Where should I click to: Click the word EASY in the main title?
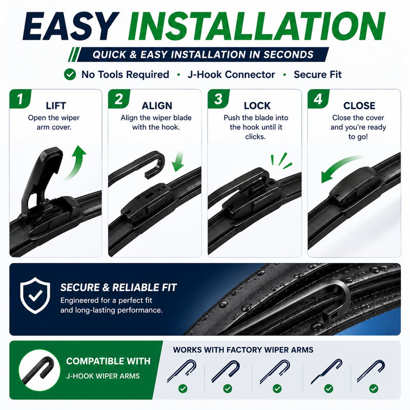pyautogui.click(x=71, y=26)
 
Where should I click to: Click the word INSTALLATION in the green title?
pyautogui.click(x=257, y=26)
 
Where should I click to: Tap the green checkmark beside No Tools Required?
pyautogui.click(x=70, y=74)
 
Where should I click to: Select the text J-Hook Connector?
pyautogui.click(x=231, y=74)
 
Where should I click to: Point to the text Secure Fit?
pyautogui.click(x=318, y=74)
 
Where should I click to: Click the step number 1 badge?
pyautogui.click(x=20, y=99)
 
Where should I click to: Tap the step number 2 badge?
pyautogui.click(x=119, y=99)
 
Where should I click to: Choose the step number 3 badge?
pyautogui.click(x=219, y=99)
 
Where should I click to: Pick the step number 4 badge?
pyautogui.click(x=318, y=99)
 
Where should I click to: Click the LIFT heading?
pyautogui.click(x=56, y=106)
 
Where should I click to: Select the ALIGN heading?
pyautogui.click(x=157, y=106)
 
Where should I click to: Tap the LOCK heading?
pyautogui.click(x=257, y=106)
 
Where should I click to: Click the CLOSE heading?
pyautogui.click(x=359, y=106)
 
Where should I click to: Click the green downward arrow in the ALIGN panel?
pyautogui.click(x=178, y=161)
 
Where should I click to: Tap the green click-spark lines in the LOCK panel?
pyautogui.click(x=281, y=160)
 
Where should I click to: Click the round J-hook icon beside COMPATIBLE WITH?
pyautogui.click(x=39, y=370)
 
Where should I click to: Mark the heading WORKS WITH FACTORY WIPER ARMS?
pyautogui.click(x=243, y=350)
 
